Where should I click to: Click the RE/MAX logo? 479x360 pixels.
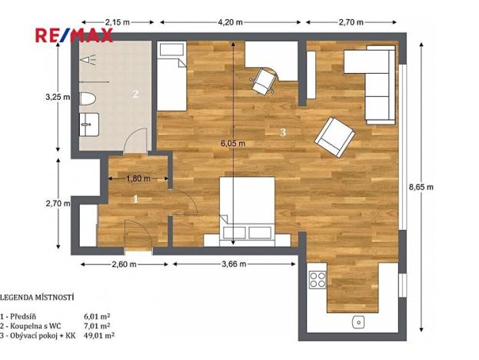click(x=74, y=35)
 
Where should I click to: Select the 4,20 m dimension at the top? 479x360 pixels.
click(x=231, y=22)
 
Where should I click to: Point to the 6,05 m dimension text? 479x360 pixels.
click(x=234, y=143)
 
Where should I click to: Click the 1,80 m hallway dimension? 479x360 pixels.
click(x=139, y=179)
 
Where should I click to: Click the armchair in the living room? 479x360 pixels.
click(x=334, y=135)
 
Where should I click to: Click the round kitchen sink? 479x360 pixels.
click(x=357, y=322)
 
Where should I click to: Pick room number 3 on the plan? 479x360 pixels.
click(x=283, y=133)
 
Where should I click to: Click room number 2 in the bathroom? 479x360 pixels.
click(x=135, y=95)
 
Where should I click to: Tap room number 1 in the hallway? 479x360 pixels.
click(x=136, y=199)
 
